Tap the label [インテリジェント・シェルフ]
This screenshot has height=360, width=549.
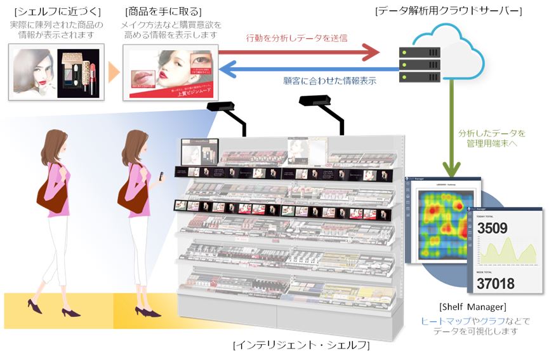click(301, 345)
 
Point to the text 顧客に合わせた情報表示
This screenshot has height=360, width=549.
click(329, 81)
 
